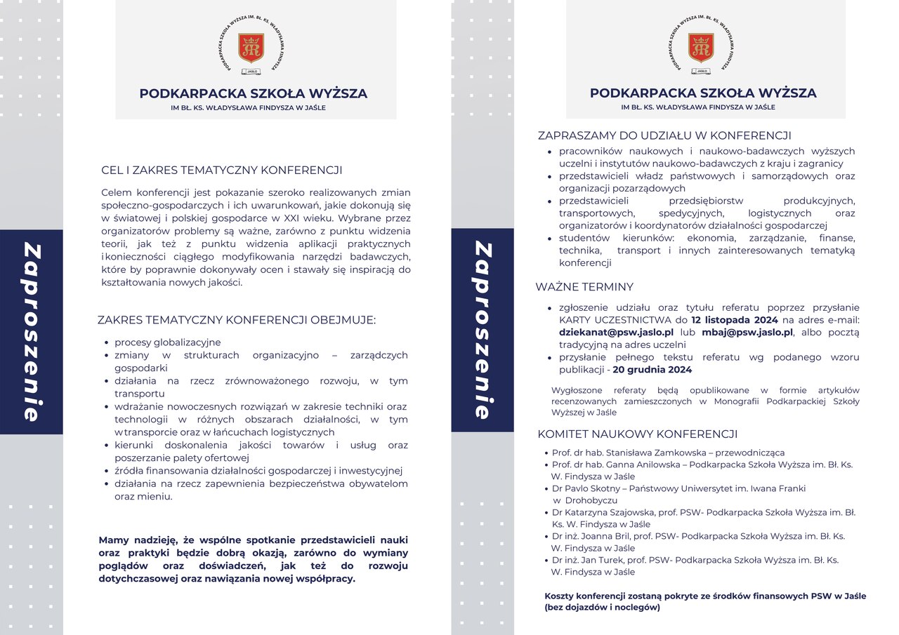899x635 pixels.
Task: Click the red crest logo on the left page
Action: click(251, 47)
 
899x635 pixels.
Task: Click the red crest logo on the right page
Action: click(701, 47)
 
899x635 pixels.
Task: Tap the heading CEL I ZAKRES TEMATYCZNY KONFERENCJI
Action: click(222, 170)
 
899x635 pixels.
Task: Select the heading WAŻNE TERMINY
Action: click(584, 287)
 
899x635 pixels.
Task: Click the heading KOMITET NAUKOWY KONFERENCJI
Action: click(637, 434)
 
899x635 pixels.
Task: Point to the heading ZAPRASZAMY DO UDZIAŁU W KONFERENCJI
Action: click(664, 135)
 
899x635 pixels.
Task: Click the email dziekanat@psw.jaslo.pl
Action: click(616, 333)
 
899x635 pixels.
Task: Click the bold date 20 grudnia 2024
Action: click(652, 370)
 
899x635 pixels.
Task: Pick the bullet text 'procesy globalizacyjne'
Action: click(168, 342)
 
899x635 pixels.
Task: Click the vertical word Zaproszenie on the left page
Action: click(31, 331)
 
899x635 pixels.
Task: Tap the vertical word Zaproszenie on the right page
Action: click(482, 330)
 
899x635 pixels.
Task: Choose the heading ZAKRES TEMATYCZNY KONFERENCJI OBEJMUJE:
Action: click(237, 321)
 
